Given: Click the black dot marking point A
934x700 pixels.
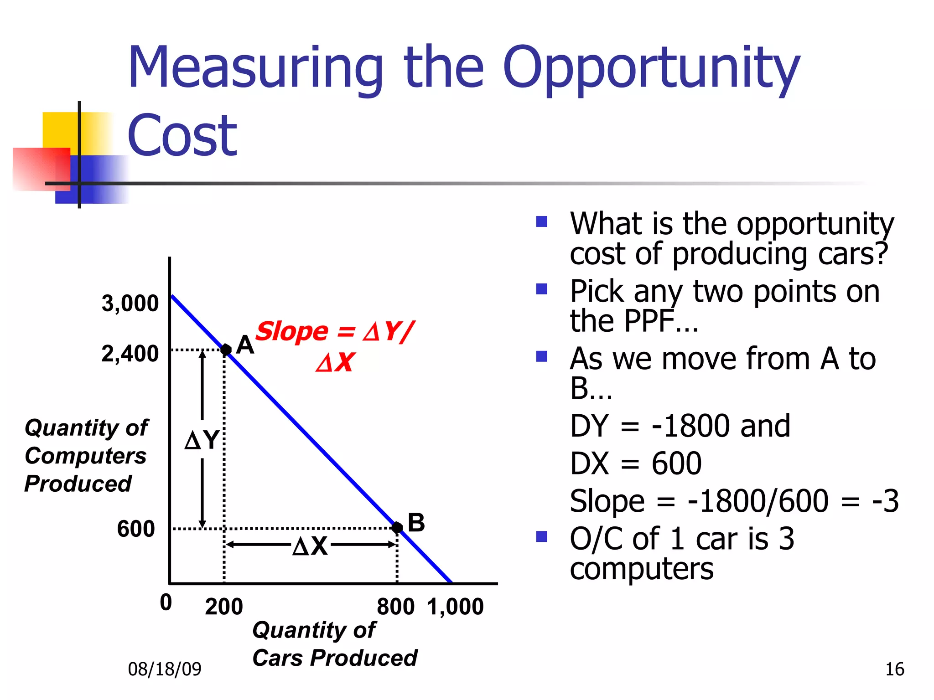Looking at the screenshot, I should [x=226, y=350].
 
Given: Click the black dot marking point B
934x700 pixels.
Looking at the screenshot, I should [x=397, y=528].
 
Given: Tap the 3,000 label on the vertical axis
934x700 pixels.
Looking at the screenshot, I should [x=130, y=303].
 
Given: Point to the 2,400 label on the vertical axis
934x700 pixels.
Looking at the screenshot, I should [x=130, y=354].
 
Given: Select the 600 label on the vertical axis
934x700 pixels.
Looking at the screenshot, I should [x=136, y=529].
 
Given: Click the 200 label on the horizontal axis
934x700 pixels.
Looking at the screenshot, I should [x=224, y=607].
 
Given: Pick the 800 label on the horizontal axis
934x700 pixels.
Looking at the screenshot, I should [x=395, y=607].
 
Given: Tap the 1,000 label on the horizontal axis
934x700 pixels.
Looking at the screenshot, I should [x=455, y=607].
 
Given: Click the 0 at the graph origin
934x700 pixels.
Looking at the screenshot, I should [x=166, y=602].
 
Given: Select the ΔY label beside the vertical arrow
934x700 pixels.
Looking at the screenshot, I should [x=202, y=440].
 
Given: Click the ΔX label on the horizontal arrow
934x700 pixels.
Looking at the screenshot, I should [x=310, y=546].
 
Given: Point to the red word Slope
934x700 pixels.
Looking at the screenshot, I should [x=292, y=331].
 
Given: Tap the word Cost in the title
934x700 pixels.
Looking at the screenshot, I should [x=182, y=135].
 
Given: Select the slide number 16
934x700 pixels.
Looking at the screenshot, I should [x=894, y=669].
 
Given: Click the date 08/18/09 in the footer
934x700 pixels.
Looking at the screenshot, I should [x=165, y=669].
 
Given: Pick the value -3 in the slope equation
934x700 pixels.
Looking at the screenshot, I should [x=885, y=501].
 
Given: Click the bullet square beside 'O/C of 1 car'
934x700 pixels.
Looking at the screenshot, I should [x=542, y=536].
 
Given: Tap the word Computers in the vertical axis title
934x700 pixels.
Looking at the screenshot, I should [x=86, y=456].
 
